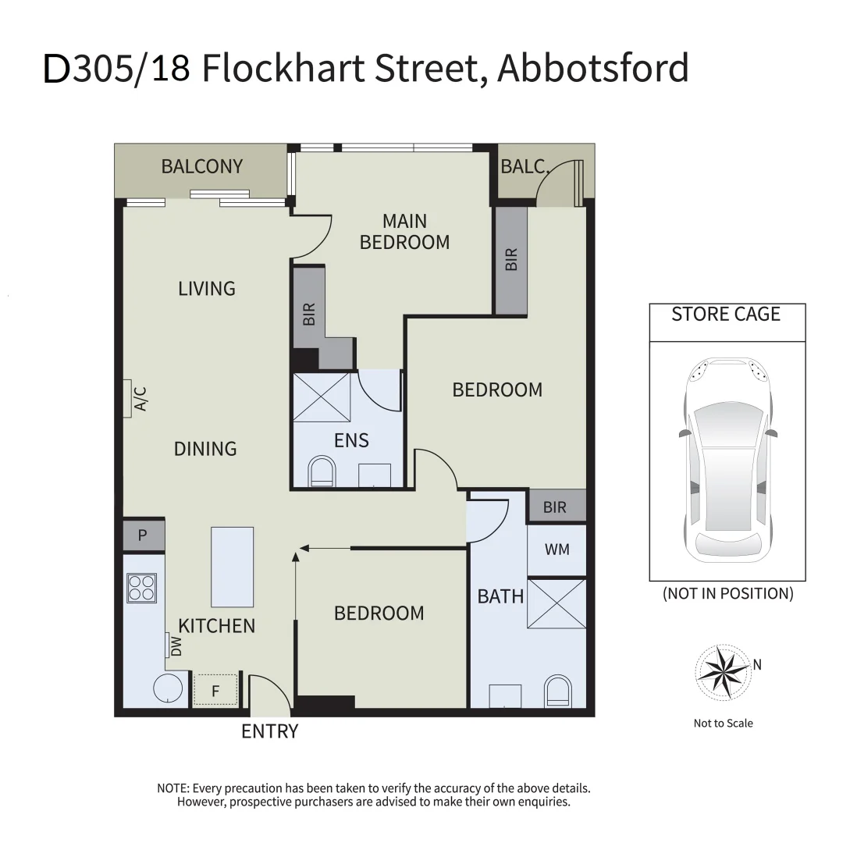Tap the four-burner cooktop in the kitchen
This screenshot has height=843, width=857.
(x=142, y=588)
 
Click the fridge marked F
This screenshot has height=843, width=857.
(x=215, y=690)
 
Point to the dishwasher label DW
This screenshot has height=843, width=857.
(x=176, y=646)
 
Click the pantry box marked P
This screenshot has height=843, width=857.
(x=143, y=535)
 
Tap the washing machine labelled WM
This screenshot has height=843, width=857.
(x=557, y=550)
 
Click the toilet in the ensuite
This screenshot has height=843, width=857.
(x=321, y=472)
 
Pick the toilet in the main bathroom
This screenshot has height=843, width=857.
(x=557, y=692)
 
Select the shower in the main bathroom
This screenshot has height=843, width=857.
(x=557, y=603)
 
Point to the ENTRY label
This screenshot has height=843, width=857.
(x=270, y=731)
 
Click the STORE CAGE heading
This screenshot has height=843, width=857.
(x=726, y=315)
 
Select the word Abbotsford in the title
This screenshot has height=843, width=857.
(x=593, y=69)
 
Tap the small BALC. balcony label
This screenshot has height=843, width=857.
(x=525, y=166)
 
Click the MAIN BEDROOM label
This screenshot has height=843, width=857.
(x=404, y=232)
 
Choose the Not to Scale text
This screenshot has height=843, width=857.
(x=723, y=723)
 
